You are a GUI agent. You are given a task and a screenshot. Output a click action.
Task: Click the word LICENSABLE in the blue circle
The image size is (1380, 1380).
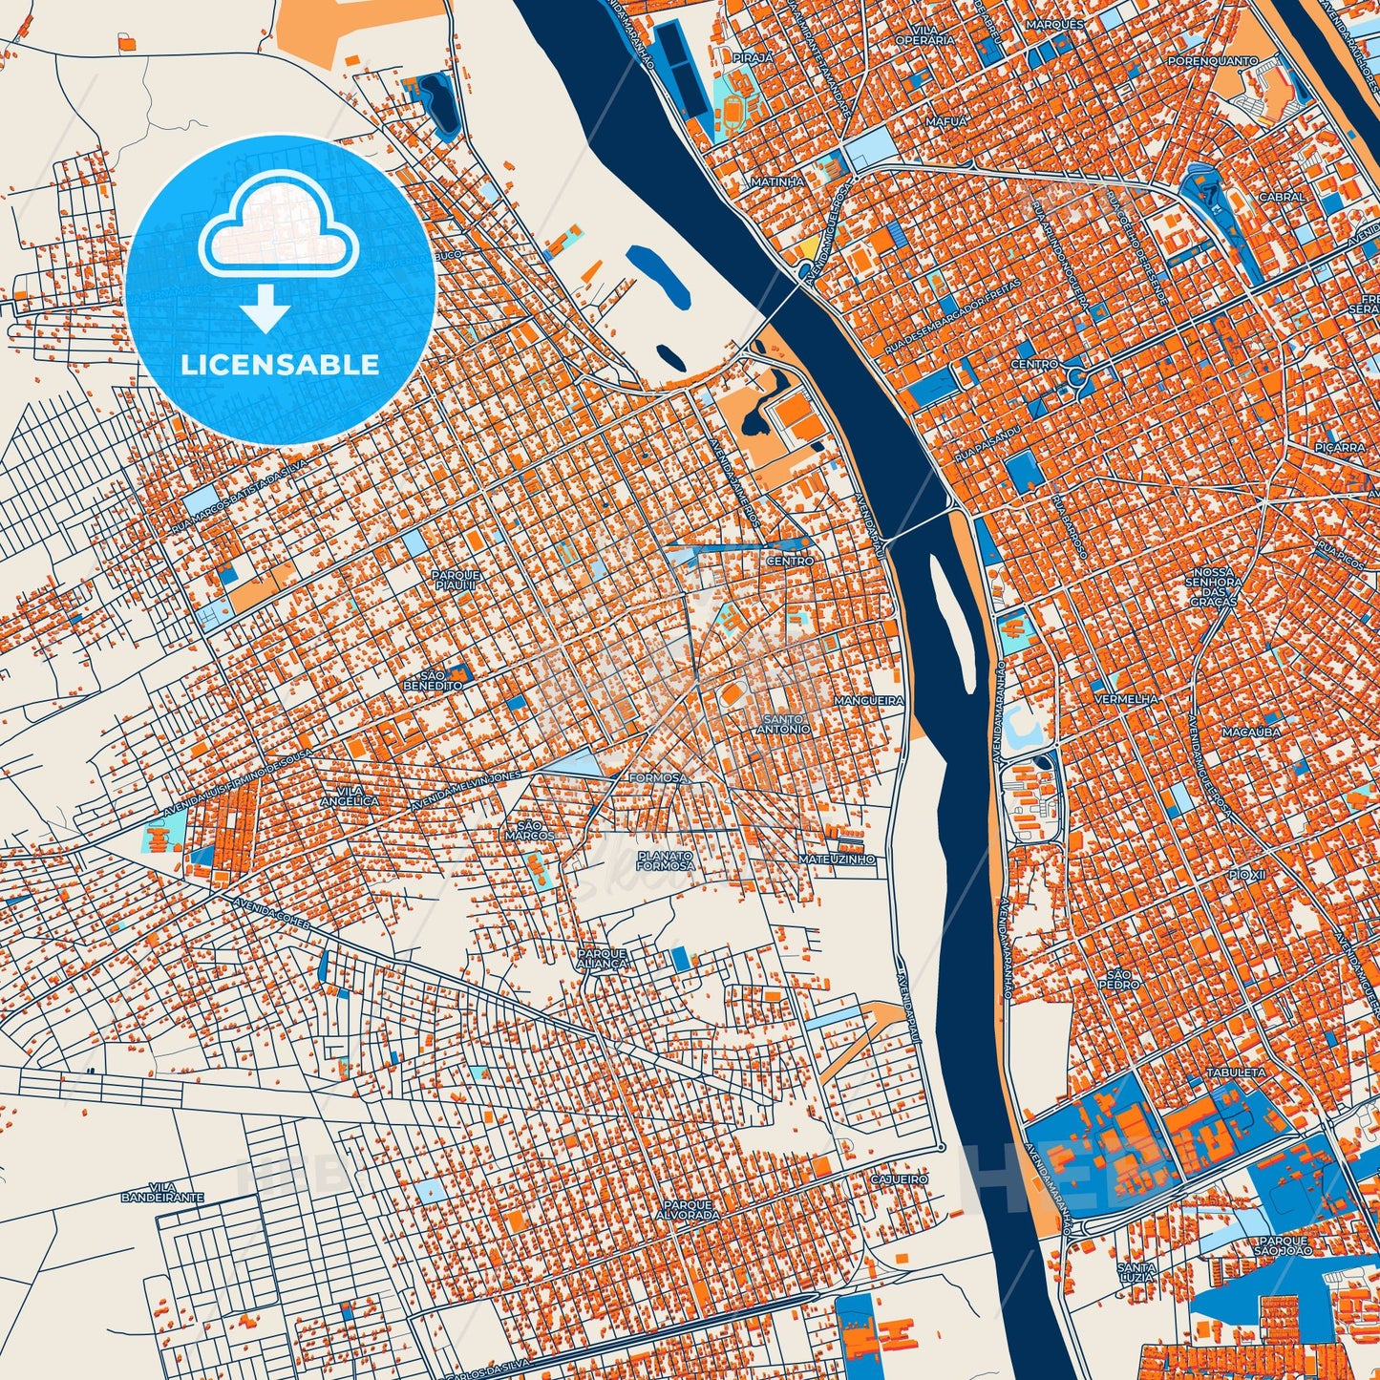pyautogui.click(x=281, y=364)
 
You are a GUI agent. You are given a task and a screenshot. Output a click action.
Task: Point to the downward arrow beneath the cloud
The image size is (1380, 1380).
pyautogui.click(x=265, y=309)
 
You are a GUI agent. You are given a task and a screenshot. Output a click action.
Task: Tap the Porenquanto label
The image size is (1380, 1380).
pyautogui.click(x=1212, y=60)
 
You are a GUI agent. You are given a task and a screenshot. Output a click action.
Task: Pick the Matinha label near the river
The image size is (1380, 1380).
pyautogui.click(x=776, y=180)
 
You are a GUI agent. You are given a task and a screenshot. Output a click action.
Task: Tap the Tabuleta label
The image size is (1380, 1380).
pyautogui.click(x=1236, y=1072)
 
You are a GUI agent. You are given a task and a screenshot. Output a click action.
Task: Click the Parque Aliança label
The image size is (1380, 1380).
pyautogui.click(x=602, y=958)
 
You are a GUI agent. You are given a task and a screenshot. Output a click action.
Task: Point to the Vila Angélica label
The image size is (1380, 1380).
pyautogui.click(x=350, y=796)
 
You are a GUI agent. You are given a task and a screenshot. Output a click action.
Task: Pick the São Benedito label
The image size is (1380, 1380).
pyautogui.click(x=433, y=680)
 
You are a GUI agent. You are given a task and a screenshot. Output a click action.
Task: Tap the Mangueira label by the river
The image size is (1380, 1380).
pyautogui.click(x=868, y=700)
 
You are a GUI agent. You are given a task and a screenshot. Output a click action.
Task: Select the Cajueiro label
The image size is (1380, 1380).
pyautogui.click(x=899, y=1179)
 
